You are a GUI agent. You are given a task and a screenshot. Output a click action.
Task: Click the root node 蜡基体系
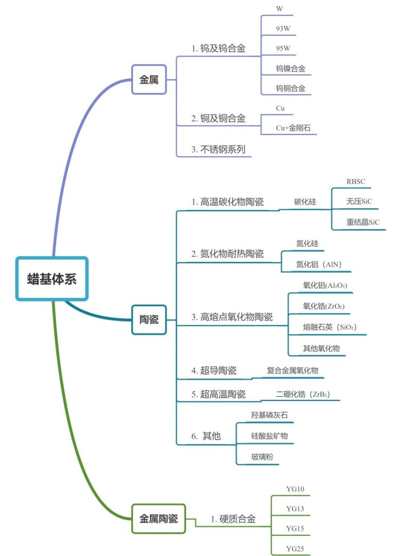[52, 278]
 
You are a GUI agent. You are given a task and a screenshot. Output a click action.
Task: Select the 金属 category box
[149, 80]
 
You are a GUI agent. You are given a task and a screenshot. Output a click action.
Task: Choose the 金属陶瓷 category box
[158, 519]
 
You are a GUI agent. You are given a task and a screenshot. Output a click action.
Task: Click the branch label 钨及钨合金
[218, 49]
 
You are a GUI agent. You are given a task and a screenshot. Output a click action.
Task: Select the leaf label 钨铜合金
[290, 89]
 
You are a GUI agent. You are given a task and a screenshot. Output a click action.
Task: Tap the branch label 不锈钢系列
[218, 149]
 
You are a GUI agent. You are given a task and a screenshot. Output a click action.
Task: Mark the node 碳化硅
[305, 202]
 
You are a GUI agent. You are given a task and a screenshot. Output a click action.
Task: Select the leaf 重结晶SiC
[363, 223]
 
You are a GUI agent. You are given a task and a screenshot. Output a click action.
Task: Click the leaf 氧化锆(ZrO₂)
[324, 307]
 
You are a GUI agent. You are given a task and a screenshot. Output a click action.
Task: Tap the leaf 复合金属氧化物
[292, 370]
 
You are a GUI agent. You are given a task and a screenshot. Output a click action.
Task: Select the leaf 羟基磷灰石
[265, 415]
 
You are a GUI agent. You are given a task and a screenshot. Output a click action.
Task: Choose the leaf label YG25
[295, 548]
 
